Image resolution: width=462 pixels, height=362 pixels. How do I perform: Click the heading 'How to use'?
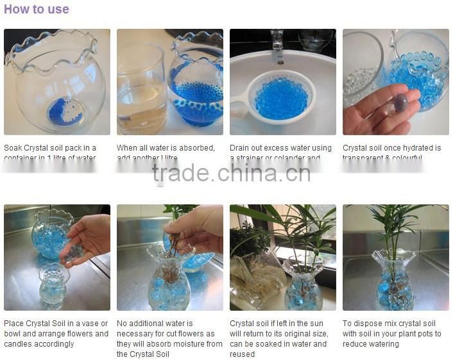click(36, 10)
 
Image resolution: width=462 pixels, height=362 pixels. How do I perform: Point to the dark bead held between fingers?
click(401, 102)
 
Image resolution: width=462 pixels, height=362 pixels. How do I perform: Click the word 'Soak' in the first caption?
click(13, 148)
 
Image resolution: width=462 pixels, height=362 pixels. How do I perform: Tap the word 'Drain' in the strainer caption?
click(241, 148)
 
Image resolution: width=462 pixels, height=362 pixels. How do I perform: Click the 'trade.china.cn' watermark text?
click(231, 173)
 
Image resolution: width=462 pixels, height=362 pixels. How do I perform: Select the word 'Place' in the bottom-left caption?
click(14, 324)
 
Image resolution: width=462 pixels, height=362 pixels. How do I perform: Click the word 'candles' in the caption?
click(18, 344)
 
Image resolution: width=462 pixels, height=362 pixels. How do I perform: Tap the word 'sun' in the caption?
click(321, 324)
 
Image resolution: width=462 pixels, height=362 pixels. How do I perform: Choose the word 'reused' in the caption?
click(243, 354)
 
